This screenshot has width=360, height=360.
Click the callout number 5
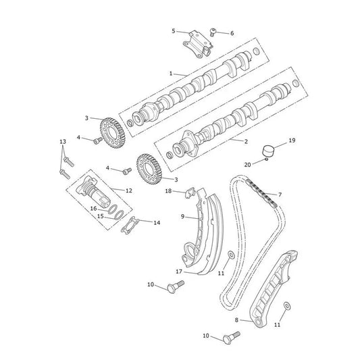(x=174, y=31)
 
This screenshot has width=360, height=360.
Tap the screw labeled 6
(x=213, y=32)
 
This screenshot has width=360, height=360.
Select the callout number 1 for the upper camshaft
(x=171, y=74)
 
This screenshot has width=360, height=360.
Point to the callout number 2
(x=246, y=141)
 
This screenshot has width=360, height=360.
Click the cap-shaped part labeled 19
(x=268, y=151)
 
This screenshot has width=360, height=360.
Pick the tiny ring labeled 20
(x=266, y=159)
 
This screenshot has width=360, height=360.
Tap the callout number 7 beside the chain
(x=280, y=195)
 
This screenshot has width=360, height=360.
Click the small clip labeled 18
(x=190, y=192)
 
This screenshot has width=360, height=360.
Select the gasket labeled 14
(x=130, y=226)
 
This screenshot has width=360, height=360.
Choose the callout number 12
(x=129, y=190)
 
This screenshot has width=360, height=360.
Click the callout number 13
(x=63, y=142)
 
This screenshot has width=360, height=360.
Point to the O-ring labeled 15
(x=119, y=215)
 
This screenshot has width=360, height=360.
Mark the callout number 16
(x=93, y=209)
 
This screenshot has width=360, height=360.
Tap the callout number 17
(x=179, y=272)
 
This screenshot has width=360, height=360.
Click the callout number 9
(x=182, y=216)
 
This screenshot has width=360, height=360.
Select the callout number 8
(x=236, y=320)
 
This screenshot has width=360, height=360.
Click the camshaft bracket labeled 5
(x=197, y=45)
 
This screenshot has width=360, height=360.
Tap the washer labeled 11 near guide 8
(x=287, y=306)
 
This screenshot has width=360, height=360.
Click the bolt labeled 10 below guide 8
(x=232, y=337)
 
